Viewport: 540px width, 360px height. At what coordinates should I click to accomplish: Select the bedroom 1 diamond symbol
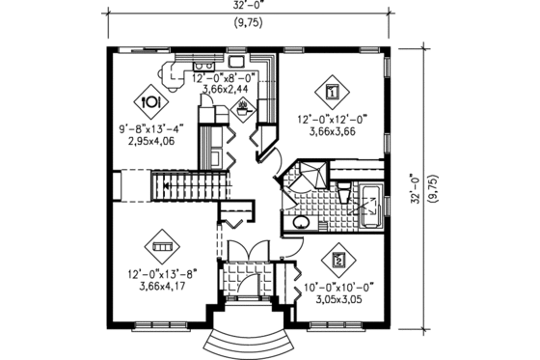coord(332,93)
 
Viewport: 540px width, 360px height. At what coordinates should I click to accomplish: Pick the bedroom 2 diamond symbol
coord(339,260)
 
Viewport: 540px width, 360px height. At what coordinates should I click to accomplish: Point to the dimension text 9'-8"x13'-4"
coord(149,125)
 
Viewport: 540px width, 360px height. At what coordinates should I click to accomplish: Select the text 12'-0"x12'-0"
coord(332,122)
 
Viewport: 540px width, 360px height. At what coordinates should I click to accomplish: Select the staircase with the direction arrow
coord(189,186)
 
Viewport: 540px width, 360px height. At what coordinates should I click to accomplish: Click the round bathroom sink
coord(302,221)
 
